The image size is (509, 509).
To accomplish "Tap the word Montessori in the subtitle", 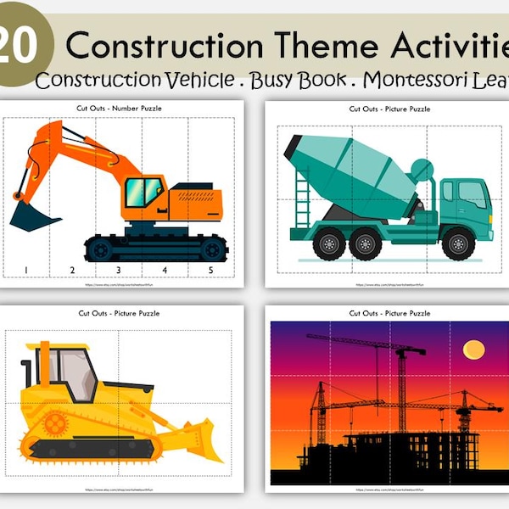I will (407, 81).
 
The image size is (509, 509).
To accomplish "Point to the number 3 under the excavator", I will (117, 271).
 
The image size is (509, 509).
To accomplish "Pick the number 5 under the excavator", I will (211, 271).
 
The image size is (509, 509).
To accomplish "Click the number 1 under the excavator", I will (25, 271).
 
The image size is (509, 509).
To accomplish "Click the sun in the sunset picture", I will (473, 350).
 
